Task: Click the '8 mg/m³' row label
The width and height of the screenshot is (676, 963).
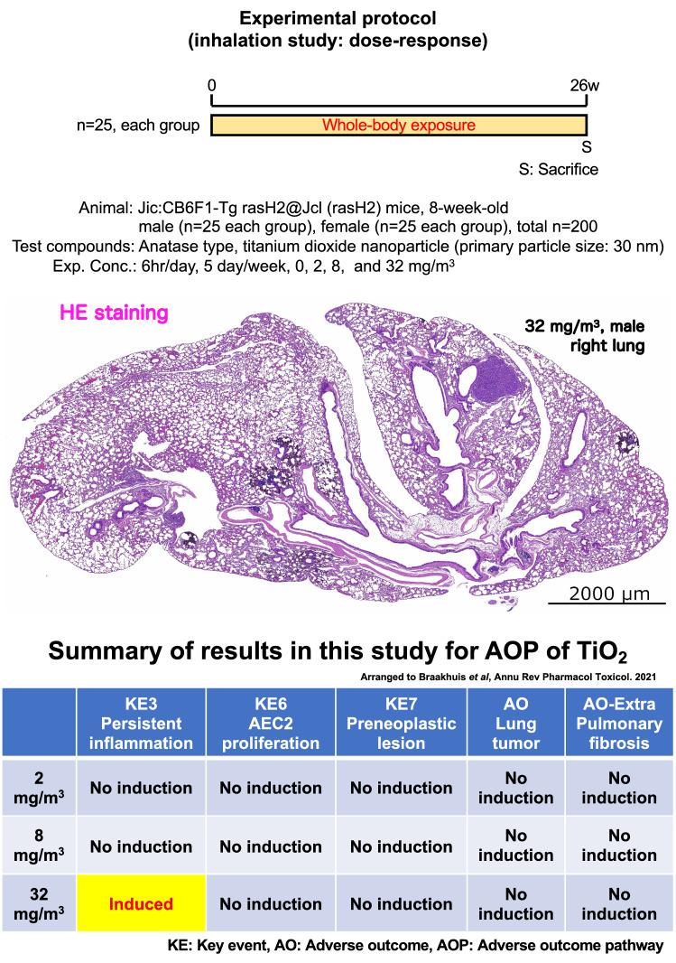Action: point(38,847)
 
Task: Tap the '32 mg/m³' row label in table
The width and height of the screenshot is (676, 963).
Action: point(38,903)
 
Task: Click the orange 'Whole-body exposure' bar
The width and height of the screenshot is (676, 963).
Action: point(399,125)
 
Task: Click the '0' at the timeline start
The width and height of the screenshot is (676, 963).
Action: point(212,87)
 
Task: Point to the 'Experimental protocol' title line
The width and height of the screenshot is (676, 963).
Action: point(338,17)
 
